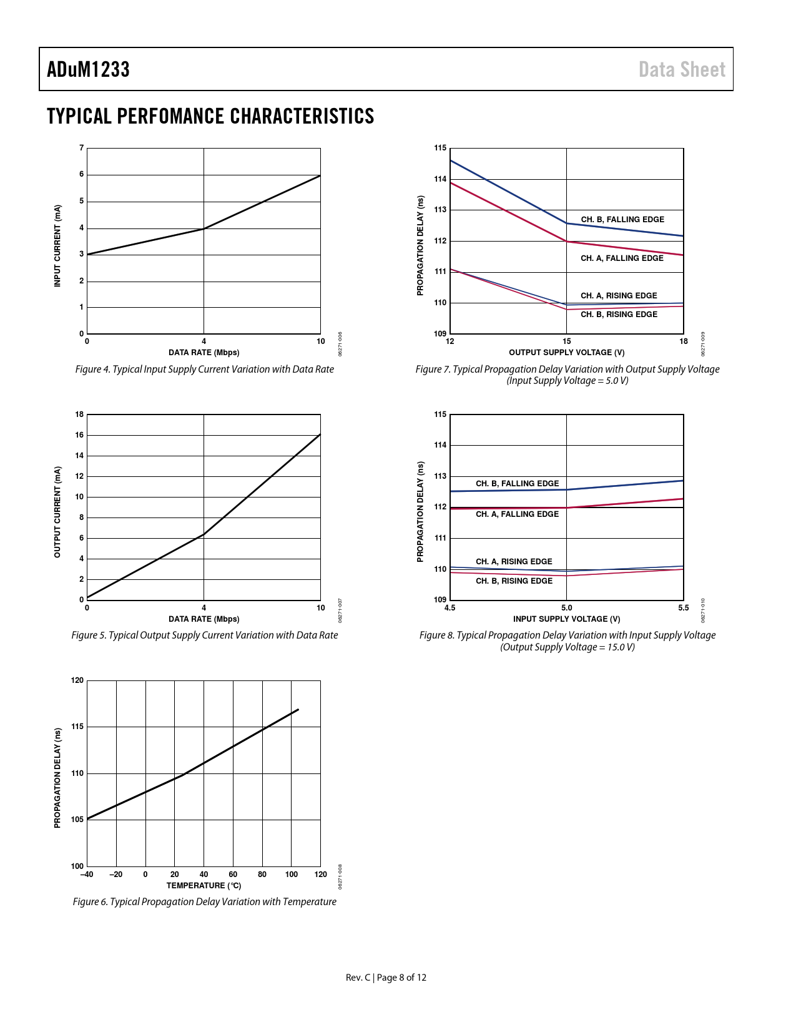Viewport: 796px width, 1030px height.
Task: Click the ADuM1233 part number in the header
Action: pos(88,69)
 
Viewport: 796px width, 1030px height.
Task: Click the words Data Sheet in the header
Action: pos(682,69)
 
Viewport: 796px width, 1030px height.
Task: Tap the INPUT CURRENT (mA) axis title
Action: pos(57,246)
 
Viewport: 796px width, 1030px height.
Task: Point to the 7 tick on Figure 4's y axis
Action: pos(81,148)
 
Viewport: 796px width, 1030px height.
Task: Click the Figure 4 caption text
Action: pos(204,369)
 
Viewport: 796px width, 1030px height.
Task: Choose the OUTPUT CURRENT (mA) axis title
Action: pos(57,512)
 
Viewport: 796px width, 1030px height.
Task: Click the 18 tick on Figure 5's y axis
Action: pos(79,414)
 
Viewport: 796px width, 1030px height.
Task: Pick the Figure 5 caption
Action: pos(204,635)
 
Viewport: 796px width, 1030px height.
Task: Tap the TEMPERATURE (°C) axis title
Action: pos(204,885)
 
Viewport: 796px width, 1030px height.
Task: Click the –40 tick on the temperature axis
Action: pos(87,874)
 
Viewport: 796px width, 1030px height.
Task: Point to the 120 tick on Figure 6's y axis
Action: pos(77,680)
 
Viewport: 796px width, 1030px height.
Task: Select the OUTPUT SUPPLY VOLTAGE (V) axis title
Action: pos(566,352)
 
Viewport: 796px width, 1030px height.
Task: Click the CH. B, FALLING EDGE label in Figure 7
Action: pos(622,219)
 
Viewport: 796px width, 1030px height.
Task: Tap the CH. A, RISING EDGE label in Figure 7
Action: pos(619,295)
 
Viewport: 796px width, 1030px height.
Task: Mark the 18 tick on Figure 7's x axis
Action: pos(684,341)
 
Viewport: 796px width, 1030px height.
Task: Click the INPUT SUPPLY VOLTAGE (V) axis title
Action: pos(566,619)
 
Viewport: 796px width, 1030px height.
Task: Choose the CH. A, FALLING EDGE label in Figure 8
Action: pos(517,514)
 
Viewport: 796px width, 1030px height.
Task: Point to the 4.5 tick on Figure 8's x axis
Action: pos(450,607)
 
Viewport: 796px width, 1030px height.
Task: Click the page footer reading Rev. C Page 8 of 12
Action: pos(386,977)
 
